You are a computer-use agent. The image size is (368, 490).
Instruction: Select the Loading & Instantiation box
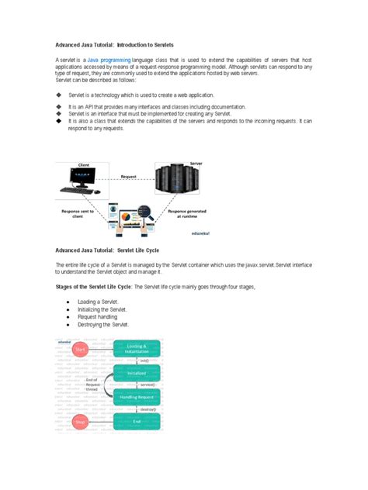(137, 349)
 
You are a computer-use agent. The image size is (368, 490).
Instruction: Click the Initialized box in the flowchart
(137, 373)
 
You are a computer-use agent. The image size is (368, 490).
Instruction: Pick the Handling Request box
(137, 397)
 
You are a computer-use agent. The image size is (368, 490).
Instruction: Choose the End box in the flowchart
(137, 422)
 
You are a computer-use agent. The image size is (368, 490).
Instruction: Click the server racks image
(176, 184)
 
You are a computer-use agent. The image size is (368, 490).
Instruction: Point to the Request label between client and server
(129, 177)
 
